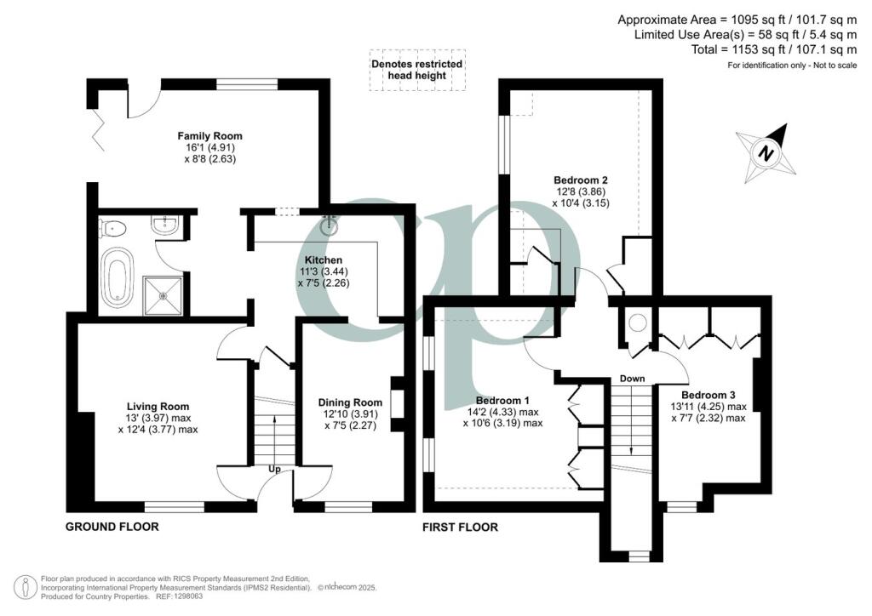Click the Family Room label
click(209, 136)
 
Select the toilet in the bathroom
click(113, 227)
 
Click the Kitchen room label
click(324, 260)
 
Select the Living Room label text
click(158, 407)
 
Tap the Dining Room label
click(349, 402)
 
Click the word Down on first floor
click(632, 379)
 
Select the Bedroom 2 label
click(580, 180)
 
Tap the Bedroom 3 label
click(708, 395)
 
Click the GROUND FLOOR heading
click(112, 528)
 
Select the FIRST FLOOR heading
click(461, 528)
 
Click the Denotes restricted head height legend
click(417, 70)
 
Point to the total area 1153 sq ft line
click(775, 50)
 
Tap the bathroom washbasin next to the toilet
click(165, 226)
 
